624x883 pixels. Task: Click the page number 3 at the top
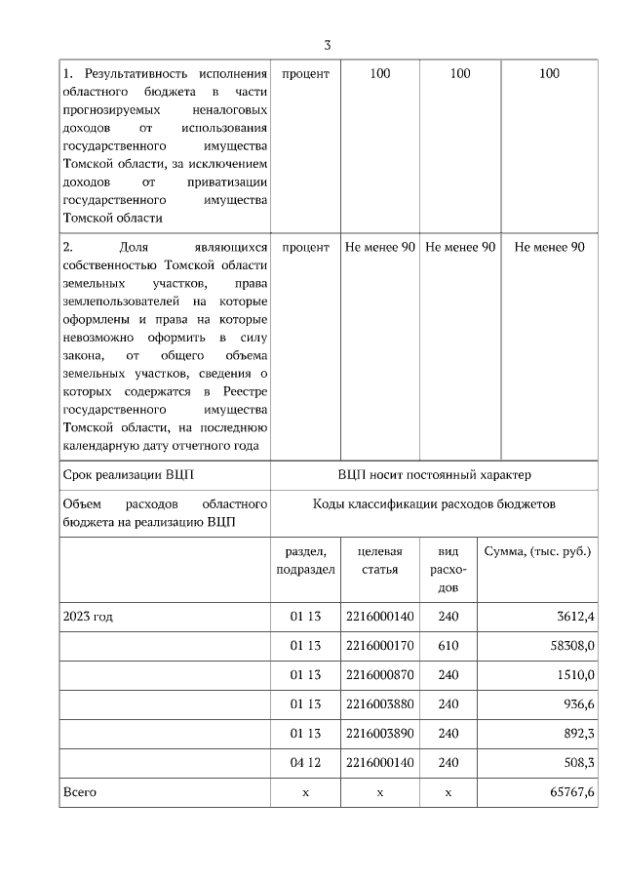click(328, 45)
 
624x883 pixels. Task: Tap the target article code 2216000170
click(379, 646)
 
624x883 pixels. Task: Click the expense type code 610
click(448, 646)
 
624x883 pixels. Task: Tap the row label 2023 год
click(88, 617)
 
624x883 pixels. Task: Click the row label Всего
click(79, 792)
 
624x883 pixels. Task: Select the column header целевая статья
click(379, 561)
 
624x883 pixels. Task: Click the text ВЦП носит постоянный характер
click(434, 475)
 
